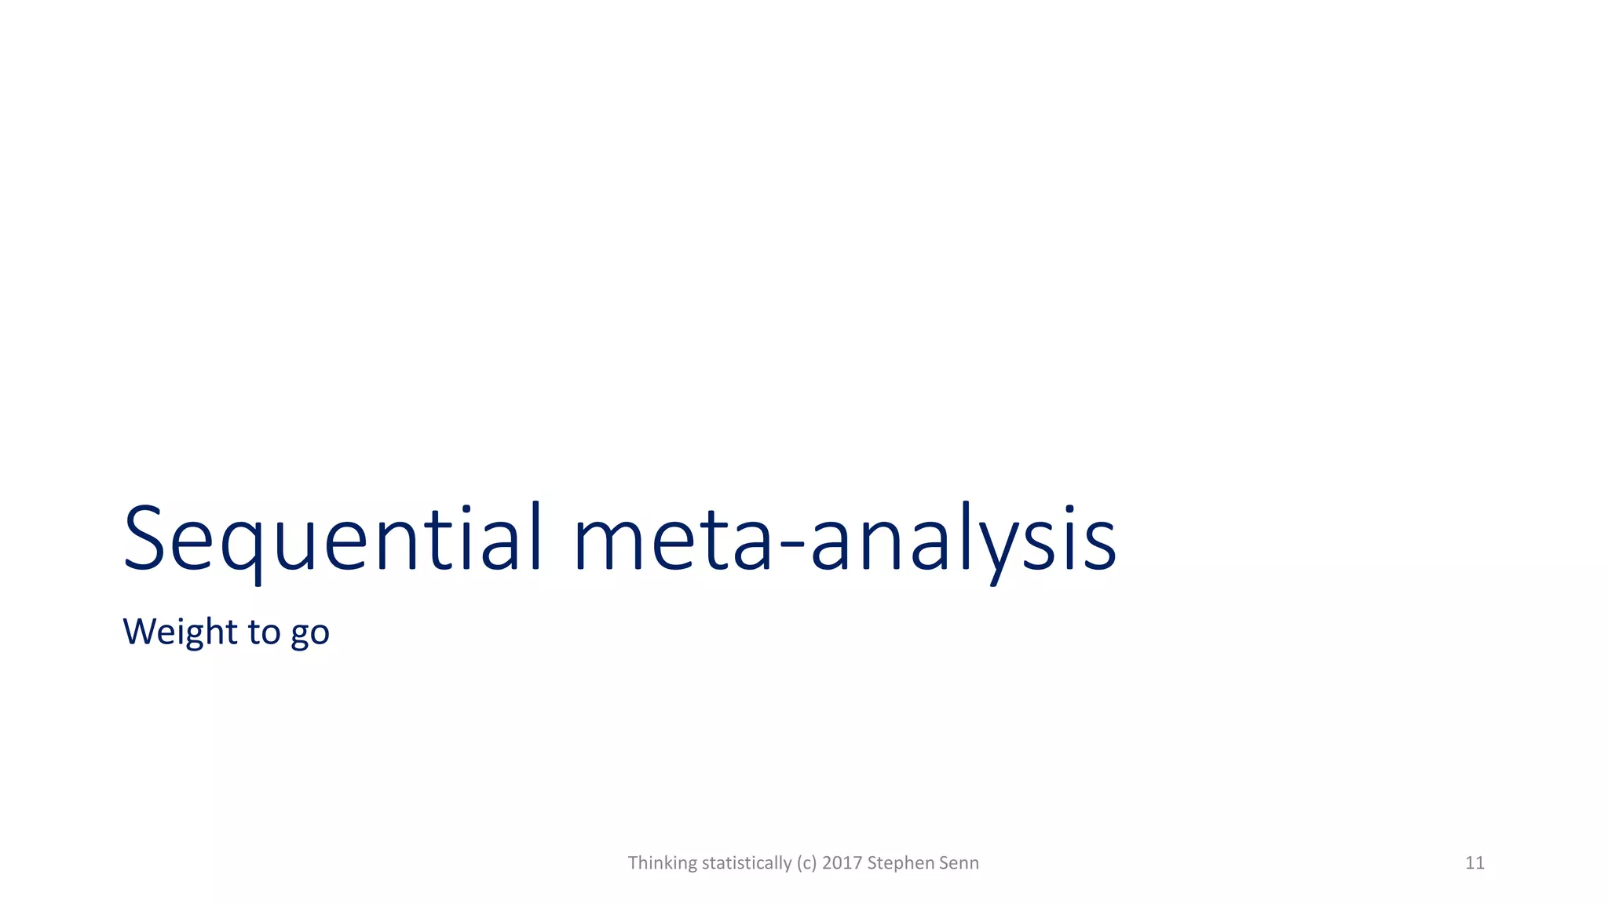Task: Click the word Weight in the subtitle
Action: (x=180, y=632)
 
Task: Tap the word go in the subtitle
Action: (x=310, y=634)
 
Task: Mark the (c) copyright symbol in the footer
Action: (x=806, y=863)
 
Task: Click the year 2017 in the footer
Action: (x=842, y=863)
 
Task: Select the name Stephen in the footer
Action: (x=897, y=863)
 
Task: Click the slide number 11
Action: (x=1475, y=863)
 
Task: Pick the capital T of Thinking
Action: (x=633, y=862)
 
